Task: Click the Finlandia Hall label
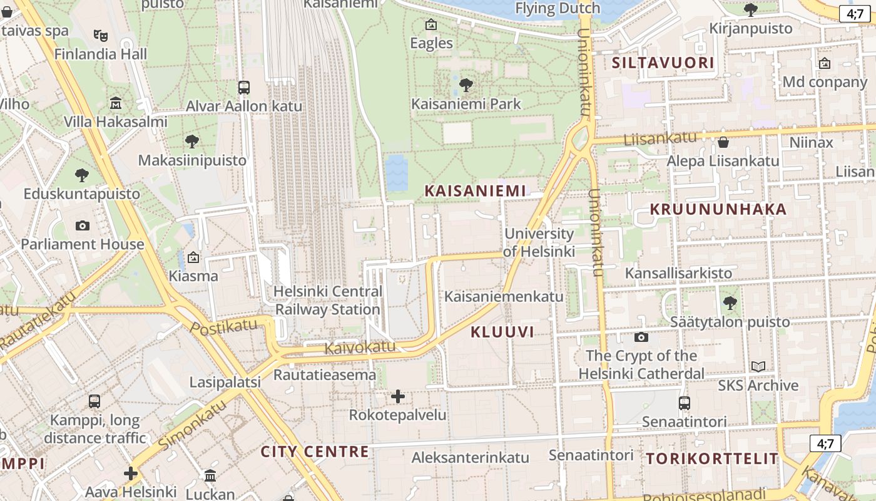(x=101, y=54)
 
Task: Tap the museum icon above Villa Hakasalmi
(x=116, y=103)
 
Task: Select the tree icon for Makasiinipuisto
(x=192, y=142)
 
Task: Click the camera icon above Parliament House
(x=82, y=225)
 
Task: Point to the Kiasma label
(x=193, y=276)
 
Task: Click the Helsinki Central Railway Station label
(x=328, y=300)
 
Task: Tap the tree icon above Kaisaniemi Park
(x=466, y=85)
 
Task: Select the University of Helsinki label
(x=539, y=242)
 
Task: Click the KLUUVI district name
(x=502, y=332)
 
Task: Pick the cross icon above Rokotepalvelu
(x=398, y=396)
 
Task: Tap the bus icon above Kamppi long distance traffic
(x=94, y=401)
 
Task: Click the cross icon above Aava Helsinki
(x=131, y=473)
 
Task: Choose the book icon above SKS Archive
(x=758, y=367)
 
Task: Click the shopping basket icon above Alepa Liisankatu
(x=723, y=142)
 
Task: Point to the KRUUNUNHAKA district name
(x=718, y=209)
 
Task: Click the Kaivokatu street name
(x=360, y=347)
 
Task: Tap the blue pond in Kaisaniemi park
(x=396, y=172)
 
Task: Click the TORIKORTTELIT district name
(x=712, y=458)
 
